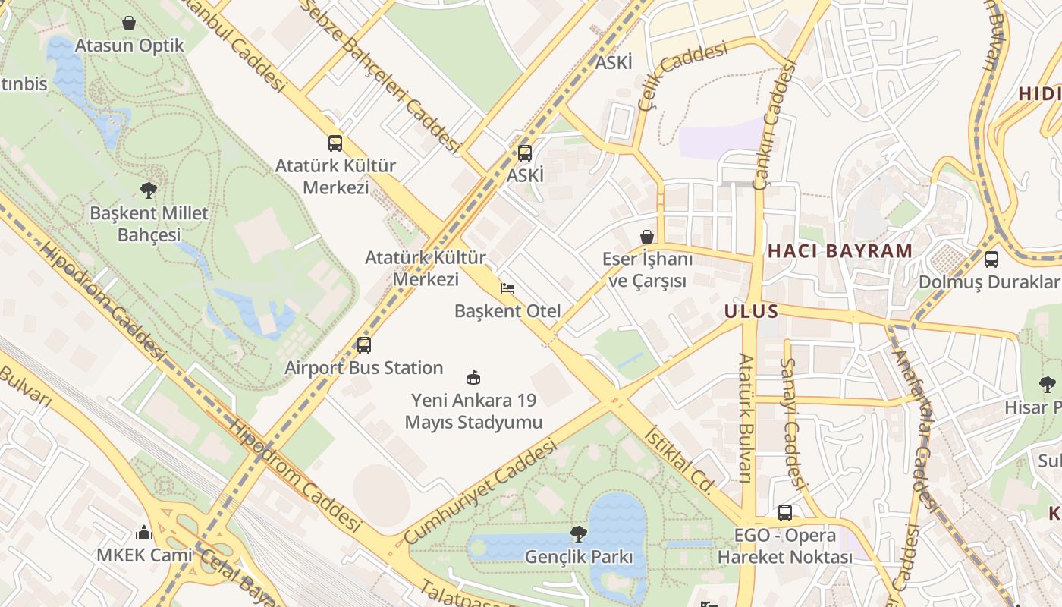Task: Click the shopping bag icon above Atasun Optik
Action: point(130,23)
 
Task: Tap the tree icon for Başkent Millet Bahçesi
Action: point(149,190)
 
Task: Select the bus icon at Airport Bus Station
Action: point(364,345)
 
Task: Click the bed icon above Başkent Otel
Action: point(507,288)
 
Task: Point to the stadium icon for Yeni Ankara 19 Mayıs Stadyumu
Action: point(474,377)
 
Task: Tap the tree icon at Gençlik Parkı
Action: point(579,534)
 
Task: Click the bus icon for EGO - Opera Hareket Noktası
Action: point(785,513)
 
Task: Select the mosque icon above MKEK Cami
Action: point(144,533)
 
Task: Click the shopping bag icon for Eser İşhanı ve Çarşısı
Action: point(647,237)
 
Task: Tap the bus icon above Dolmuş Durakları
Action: point(991,259)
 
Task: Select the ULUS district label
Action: point(751,311)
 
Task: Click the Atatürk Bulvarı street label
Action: point(745,417)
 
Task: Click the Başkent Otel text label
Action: point(507,311)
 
